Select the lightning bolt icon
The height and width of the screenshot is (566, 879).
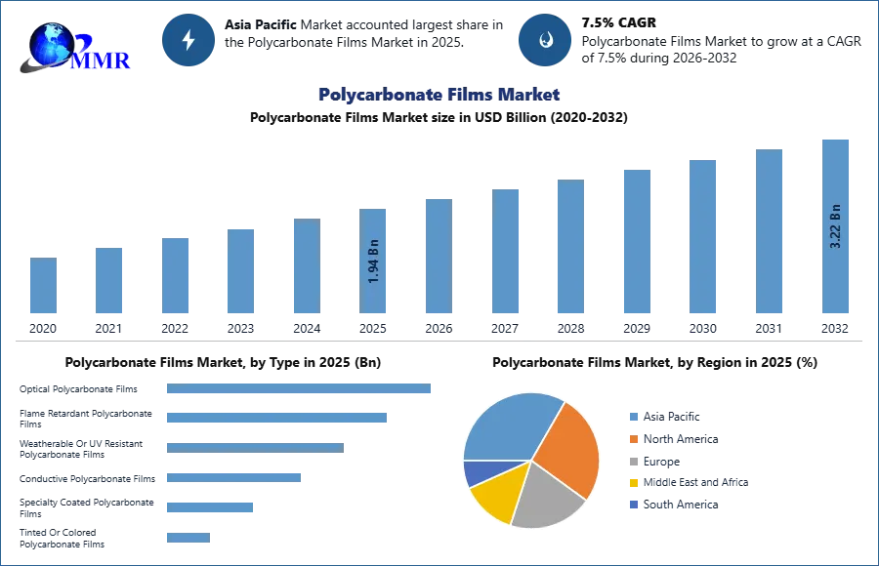(188, 40)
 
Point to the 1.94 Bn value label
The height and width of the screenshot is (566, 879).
(373, 262)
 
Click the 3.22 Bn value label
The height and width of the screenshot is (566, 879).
(835, 225)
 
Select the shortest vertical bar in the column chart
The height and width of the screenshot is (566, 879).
(43, 288)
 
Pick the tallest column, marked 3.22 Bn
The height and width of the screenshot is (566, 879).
(835, 226)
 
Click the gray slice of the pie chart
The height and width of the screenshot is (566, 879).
(544, 498)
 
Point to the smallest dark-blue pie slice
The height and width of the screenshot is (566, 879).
(476, 473)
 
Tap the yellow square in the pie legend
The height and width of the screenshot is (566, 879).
(633, 484)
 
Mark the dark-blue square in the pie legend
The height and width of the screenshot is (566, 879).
(633, 507)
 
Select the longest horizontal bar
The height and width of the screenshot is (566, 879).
(300, 390)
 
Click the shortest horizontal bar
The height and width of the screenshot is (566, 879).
(188, 538)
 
